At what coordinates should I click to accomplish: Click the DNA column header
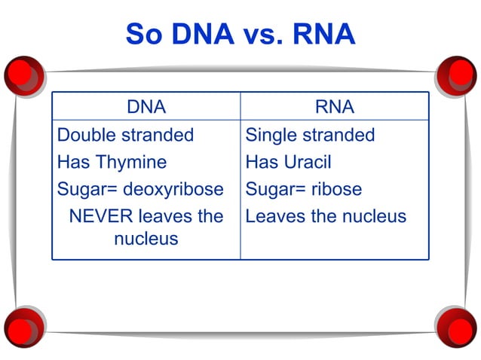(146, 107)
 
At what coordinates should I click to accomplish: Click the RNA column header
(335, 107)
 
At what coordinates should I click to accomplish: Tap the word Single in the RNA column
(271, 135)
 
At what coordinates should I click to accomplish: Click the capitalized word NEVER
(101, 216)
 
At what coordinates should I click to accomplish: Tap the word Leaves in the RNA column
(274, 216)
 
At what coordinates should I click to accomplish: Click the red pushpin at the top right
(457, 75)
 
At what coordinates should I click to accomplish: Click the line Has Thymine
(112, 162)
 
